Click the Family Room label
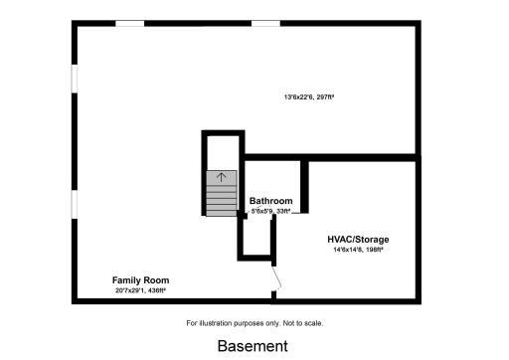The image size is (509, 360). [x=138, y=279]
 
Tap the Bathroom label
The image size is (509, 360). [x=269, y=200]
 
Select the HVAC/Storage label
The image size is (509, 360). [x=358, y=240]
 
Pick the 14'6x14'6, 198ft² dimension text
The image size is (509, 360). [x=358, y=251]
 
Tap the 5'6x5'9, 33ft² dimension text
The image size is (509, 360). [x=269, y=211]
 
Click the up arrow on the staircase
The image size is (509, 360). [x=222, y=177]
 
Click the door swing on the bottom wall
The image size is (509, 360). [x=278, y=278]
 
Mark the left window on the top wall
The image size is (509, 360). [x=130, y=23]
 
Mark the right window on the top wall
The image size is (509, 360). [x=264, y=23]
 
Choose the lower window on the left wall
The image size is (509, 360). [x=73, y=203]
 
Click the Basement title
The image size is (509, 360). [x=253, y=346]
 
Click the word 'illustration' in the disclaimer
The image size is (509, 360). [x=220, y=323]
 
